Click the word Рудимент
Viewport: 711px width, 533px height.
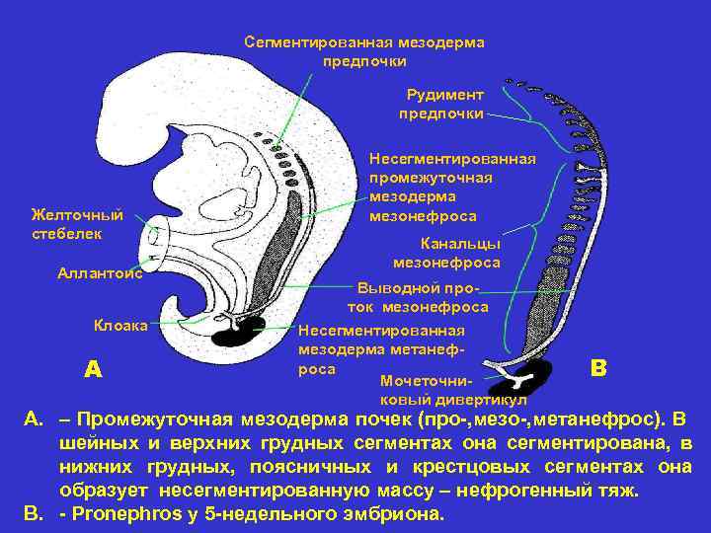444,95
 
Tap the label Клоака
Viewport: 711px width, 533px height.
120,325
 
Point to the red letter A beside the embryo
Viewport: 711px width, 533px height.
93,369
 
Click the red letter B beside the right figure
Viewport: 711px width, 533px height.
597,367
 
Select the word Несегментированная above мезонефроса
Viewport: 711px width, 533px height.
452,158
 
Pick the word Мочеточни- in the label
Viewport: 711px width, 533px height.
427,381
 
